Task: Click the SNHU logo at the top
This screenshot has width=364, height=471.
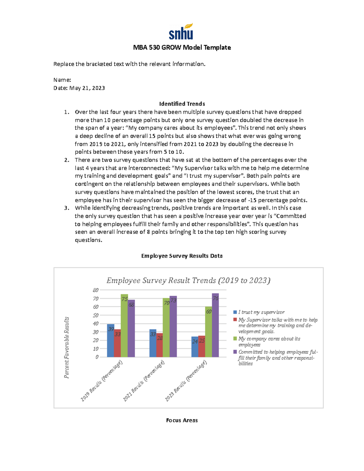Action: point(181,32)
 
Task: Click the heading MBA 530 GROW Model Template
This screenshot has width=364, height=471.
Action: point(182,48)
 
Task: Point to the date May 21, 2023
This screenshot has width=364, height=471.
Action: point(87,88)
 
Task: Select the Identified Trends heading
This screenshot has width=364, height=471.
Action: point(182,104)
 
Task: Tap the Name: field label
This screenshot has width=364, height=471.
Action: point(62,80)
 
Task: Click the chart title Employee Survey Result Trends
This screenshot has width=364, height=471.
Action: point(188,281)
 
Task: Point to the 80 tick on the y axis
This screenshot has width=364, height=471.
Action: point(96,290)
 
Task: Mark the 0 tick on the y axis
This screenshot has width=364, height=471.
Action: point(97,357)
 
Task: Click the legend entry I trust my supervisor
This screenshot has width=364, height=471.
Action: point(261,312)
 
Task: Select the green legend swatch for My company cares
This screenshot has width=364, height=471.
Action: point(235,339)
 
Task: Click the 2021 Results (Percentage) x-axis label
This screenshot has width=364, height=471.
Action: point(144,381)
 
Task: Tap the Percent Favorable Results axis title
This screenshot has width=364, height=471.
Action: point(67,348)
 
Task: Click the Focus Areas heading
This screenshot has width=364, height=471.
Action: point(182,420)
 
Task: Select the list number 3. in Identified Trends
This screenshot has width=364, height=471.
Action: point(67,208)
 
